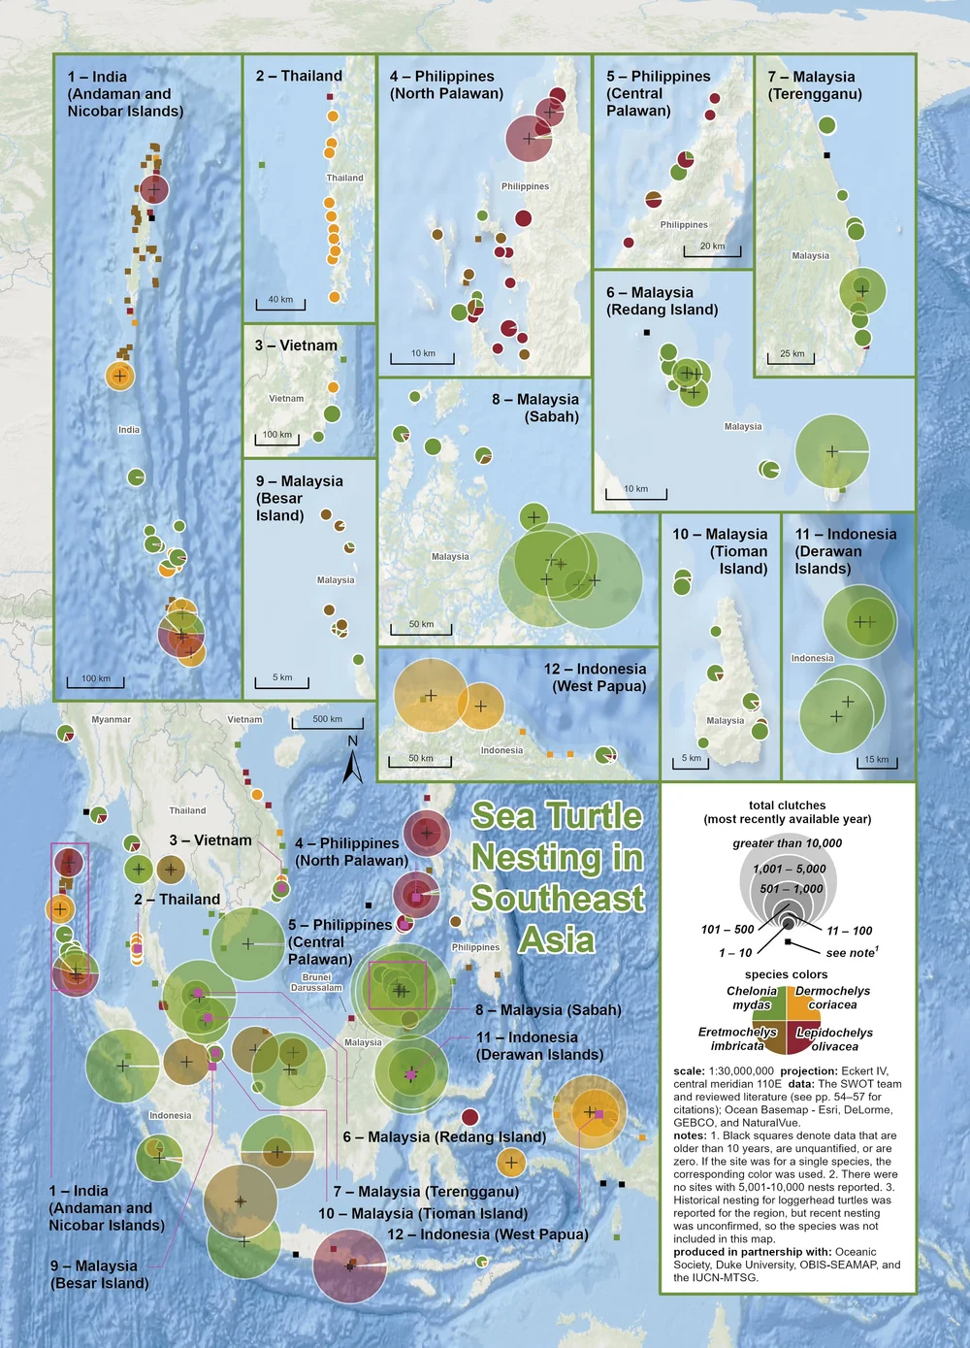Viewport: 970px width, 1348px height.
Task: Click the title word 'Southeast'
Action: coord(558,899)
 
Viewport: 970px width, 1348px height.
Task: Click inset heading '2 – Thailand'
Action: coord(299,76)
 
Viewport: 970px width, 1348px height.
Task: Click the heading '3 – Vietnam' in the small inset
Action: coord(296,345)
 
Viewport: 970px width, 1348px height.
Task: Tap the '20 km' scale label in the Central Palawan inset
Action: coord(712,247)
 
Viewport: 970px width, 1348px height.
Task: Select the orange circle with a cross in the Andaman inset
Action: coord(119,375)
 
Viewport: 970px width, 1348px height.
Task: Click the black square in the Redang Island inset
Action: coord(647,333)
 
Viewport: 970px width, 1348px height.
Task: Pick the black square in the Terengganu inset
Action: coord(827,155)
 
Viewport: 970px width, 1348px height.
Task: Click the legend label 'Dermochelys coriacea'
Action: coord(832,998)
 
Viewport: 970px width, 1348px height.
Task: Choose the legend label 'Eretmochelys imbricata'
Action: coord(736,1038)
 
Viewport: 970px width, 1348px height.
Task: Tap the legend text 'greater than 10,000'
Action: coord(787,843)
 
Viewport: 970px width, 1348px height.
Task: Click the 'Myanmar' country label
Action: coord(111,720)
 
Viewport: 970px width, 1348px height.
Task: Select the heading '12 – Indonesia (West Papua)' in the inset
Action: coord(595,677)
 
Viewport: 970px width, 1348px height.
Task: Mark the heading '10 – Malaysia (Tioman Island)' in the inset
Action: coord(720,551)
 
